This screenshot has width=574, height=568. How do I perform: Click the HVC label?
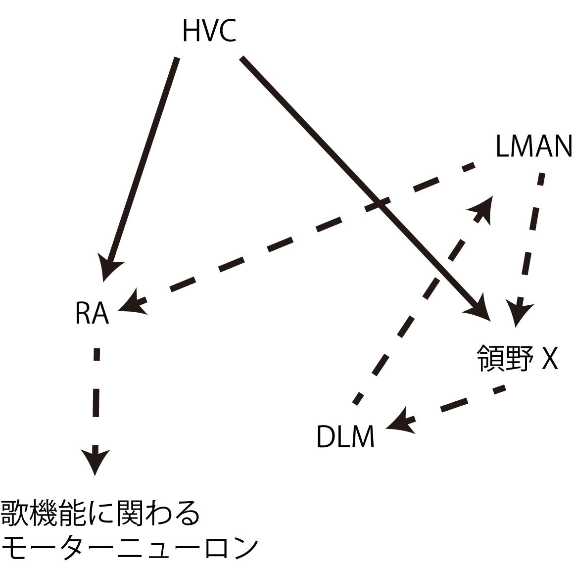209,31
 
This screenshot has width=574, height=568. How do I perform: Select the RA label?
92,313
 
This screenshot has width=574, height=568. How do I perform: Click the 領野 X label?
517,358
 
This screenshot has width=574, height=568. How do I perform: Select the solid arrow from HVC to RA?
143,158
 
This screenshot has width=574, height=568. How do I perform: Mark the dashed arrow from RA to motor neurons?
96,396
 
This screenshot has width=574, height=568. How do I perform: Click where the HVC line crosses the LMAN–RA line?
379,203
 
